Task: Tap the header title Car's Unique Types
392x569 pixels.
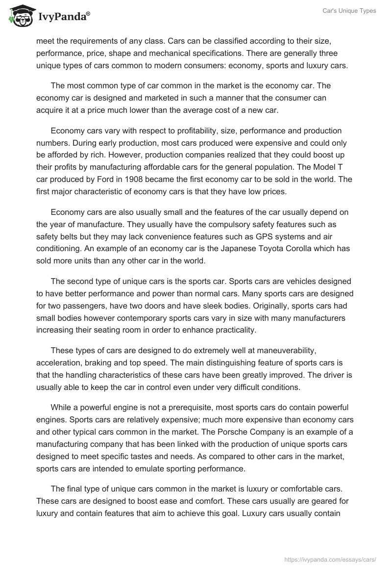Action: point(350,11)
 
